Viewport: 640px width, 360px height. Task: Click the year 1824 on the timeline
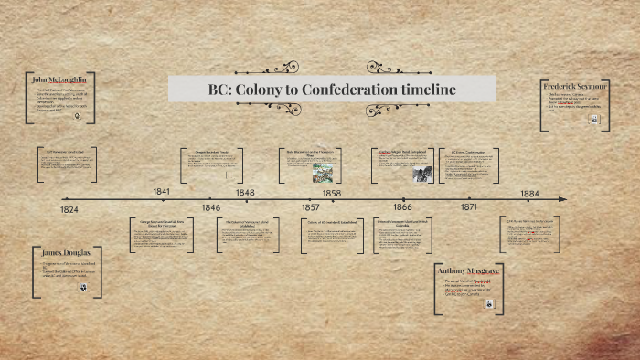coord(69,210)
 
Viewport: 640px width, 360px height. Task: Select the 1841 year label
coord(162,191)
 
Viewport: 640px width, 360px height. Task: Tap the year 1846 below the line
coord(211,208)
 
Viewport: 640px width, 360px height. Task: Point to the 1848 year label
coord(245,193)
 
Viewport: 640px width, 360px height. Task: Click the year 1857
coord(311,208)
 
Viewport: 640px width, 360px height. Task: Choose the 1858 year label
coord(331,193)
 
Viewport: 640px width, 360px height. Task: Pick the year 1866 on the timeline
coord(402,208)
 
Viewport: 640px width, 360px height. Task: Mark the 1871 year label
coord(469,208)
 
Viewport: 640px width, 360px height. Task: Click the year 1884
coord(530,193)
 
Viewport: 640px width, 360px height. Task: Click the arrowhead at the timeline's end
coord(563,199)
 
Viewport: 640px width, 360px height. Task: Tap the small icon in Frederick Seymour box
coord(603,118)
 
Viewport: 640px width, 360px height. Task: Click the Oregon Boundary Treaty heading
coord(212,151)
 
